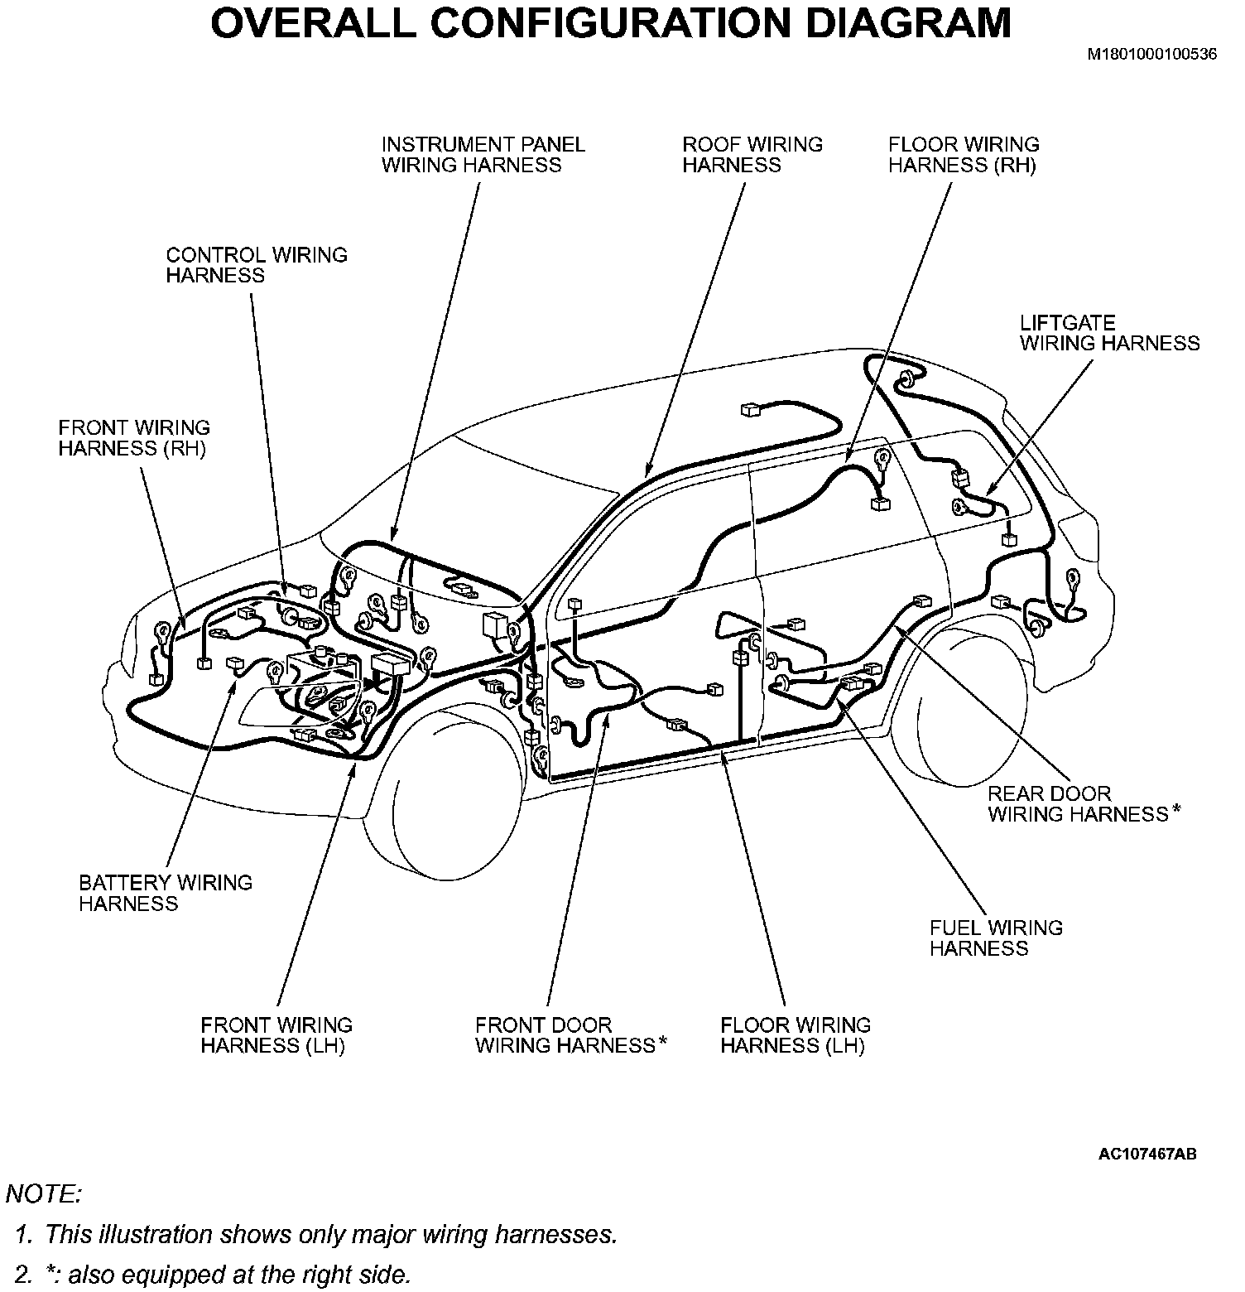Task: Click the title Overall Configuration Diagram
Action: pos(611,23)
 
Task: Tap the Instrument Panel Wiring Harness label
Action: pos(483,155)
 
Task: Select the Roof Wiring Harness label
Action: pos(752,155)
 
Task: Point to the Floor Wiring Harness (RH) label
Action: pos(963,155)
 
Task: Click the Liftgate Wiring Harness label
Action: pos(1109,333)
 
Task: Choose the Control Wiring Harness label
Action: pos(257,265)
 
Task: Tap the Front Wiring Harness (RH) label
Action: pos(134,438)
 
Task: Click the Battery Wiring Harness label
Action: pos(166,893)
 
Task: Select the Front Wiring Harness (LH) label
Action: pos(276,1035)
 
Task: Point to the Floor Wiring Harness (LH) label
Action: pos(796,1035)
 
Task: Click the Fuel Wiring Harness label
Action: pos(996,938)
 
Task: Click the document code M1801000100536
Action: pos(1152,55)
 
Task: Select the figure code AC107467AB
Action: pos(1147,1154)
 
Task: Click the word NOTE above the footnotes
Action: pos(43,1194)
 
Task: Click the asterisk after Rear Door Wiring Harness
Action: pos(1175,812)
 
